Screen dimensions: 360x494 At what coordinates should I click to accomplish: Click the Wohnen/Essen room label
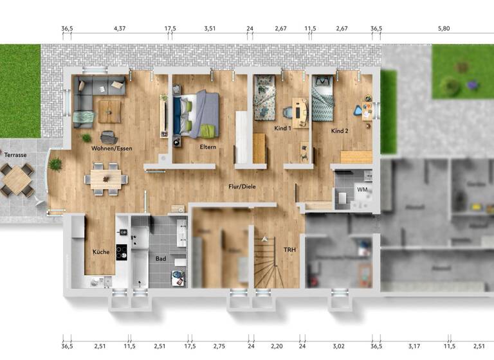[111, 148]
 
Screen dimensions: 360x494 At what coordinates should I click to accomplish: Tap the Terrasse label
[15, 155]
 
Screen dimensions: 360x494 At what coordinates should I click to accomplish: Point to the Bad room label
[161, 258]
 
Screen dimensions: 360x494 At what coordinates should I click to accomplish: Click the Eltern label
[208, 147]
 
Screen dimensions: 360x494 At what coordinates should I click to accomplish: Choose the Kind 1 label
[283, 129]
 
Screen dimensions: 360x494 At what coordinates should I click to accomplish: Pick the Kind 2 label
[340, 131]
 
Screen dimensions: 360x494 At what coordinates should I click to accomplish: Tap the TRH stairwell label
[289, 249]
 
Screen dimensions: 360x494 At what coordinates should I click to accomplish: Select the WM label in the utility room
[362, 190]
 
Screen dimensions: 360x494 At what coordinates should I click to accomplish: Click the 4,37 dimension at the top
[120, 29]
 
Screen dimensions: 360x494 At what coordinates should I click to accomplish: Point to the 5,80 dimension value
[444, 29]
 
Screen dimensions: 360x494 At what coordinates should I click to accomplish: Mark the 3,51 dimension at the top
[210, 29]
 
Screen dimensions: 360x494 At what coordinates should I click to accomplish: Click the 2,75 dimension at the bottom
[219, 346]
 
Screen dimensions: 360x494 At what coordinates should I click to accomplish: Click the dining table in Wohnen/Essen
[105, 178]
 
